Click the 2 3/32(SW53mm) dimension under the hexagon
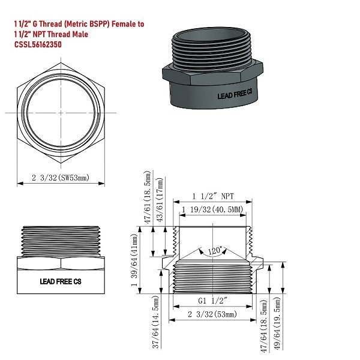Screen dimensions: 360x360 (x=60, y=178)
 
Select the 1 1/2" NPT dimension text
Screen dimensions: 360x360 (x=213, y=196)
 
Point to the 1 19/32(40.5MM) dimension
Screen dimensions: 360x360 (x=213, y=209)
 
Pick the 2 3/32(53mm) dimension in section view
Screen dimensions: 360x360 (x=213, y=314)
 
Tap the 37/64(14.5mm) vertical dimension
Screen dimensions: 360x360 (x=157, y=326)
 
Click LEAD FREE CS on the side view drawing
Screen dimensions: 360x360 (x=60, y=280)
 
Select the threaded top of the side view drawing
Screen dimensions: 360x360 (x=60, y=241)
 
